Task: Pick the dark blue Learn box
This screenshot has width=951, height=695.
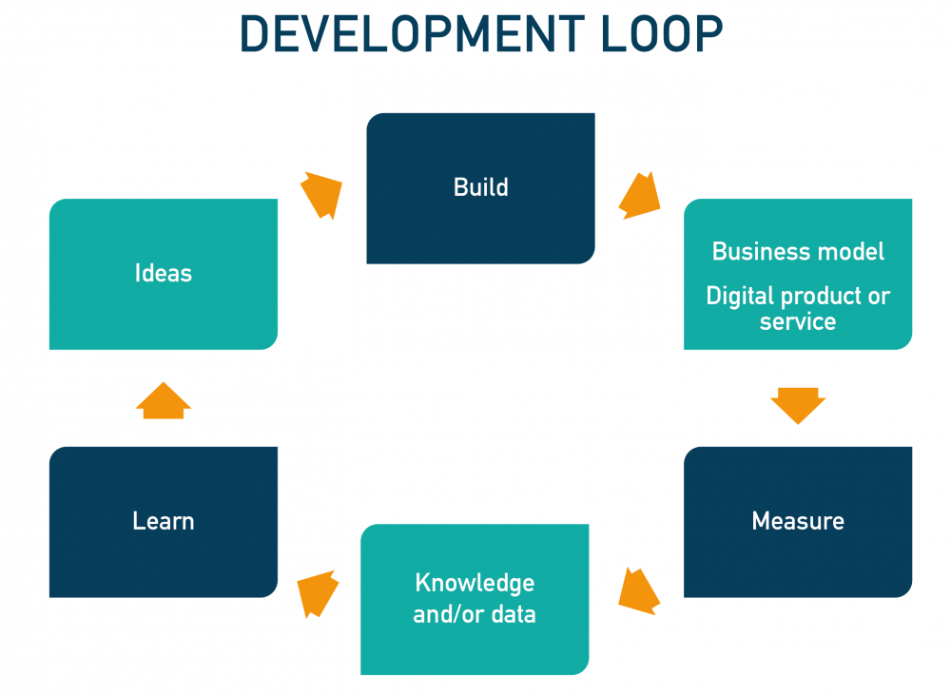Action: [163, 561]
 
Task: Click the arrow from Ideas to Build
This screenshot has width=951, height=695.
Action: [321, 195]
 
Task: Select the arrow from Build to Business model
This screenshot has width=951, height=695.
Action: [639, 196]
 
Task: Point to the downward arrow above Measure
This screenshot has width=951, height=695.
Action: [797, 404]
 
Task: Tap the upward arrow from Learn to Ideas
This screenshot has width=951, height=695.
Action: [164, 401]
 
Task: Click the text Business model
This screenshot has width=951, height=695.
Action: [798, 251]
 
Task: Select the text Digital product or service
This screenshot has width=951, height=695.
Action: [798, 308]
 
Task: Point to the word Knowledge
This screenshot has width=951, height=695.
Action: [475, 583]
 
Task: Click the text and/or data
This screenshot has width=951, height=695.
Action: [475, 614]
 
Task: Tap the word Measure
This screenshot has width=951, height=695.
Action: [797, 521]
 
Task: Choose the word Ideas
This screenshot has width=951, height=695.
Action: [163, 274]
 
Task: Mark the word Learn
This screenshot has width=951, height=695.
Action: [163, 521]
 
